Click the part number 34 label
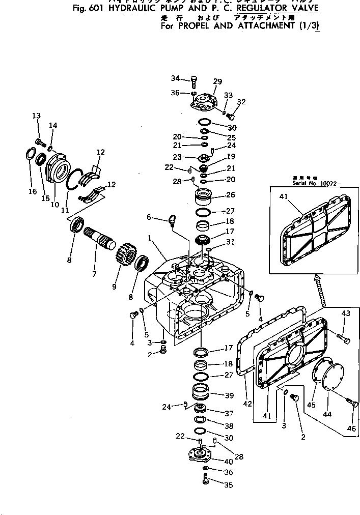pos(175,78)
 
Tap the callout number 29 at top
pos(217,81)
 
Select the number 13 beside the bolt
pos(36,116)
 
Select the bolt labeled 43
pos(342,335)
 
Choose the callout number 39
pos(229,395)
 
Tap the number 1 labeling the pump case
pos(150,237)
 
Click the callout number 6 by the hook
pos(149,217)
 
